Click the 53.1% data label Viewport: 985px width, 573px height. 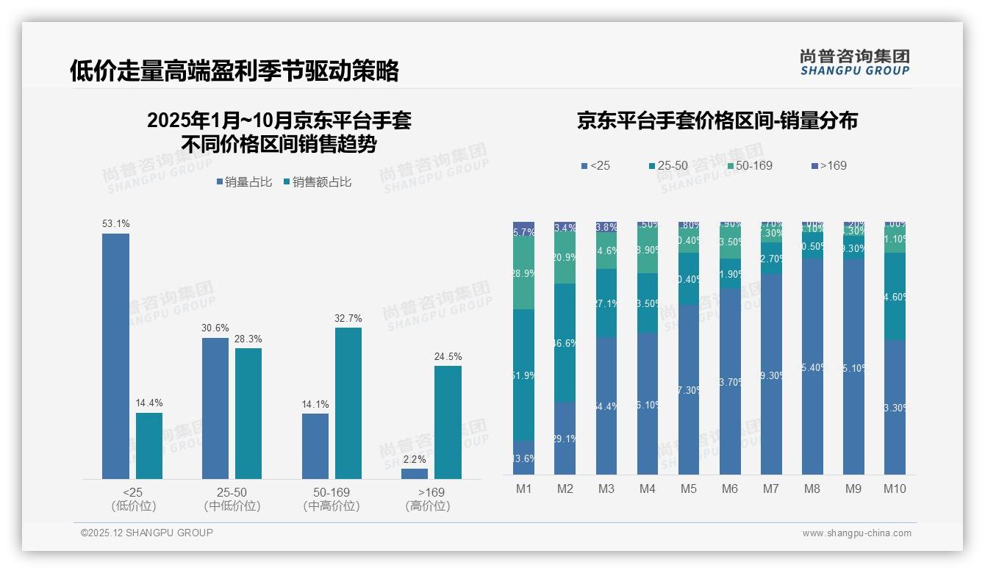[115, 223]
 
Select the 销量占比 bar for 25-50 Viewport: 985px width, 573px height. [215, 408]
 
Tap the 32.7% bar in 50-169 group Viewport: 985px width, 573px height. [348, 403]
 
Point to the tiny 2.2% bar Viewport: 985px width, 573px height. [415, 474]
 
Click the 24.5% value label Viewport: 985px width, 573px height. [448, 357]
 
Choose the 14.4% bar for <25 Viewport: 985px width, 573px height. [149, 445]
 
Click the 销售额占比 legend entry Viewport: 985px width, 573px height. [317, 182]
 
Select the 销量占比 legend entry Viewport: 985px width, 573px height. [244, 182]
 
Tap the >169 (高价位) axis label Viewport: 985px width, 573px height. [427, 499]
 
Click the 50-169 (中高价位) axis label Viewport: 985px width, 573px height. [331, 499]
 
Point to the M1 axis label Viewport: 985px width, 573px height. [523, 489]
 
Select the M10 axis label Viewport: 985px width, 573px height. [895, 489]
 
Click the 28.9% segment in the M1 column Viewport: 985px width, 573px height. [523, 273]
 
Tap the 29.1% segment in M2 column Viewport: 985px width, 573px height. [565, 438]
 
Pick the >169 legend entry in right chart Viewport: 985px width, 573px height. [828, 166]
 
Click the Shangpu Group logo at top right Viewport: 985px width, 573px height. [854, 62]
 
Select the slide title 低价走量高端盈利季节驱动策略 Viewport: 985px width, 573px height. [234, 71]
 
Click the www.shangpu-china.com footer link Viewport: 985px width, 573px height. [856, 533]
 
